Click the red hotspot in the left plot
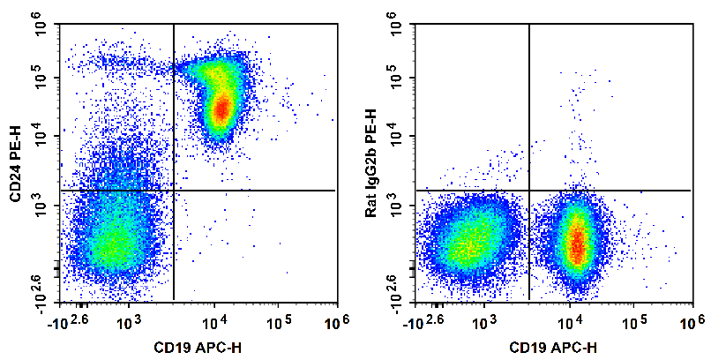click(x=222, y=109)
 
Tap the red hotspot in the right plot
click(x=576, y=243)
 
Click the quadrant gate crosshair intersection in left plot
click(x=174, y=190)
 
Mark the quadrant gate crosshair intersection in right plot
click(x=528, y=190)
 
